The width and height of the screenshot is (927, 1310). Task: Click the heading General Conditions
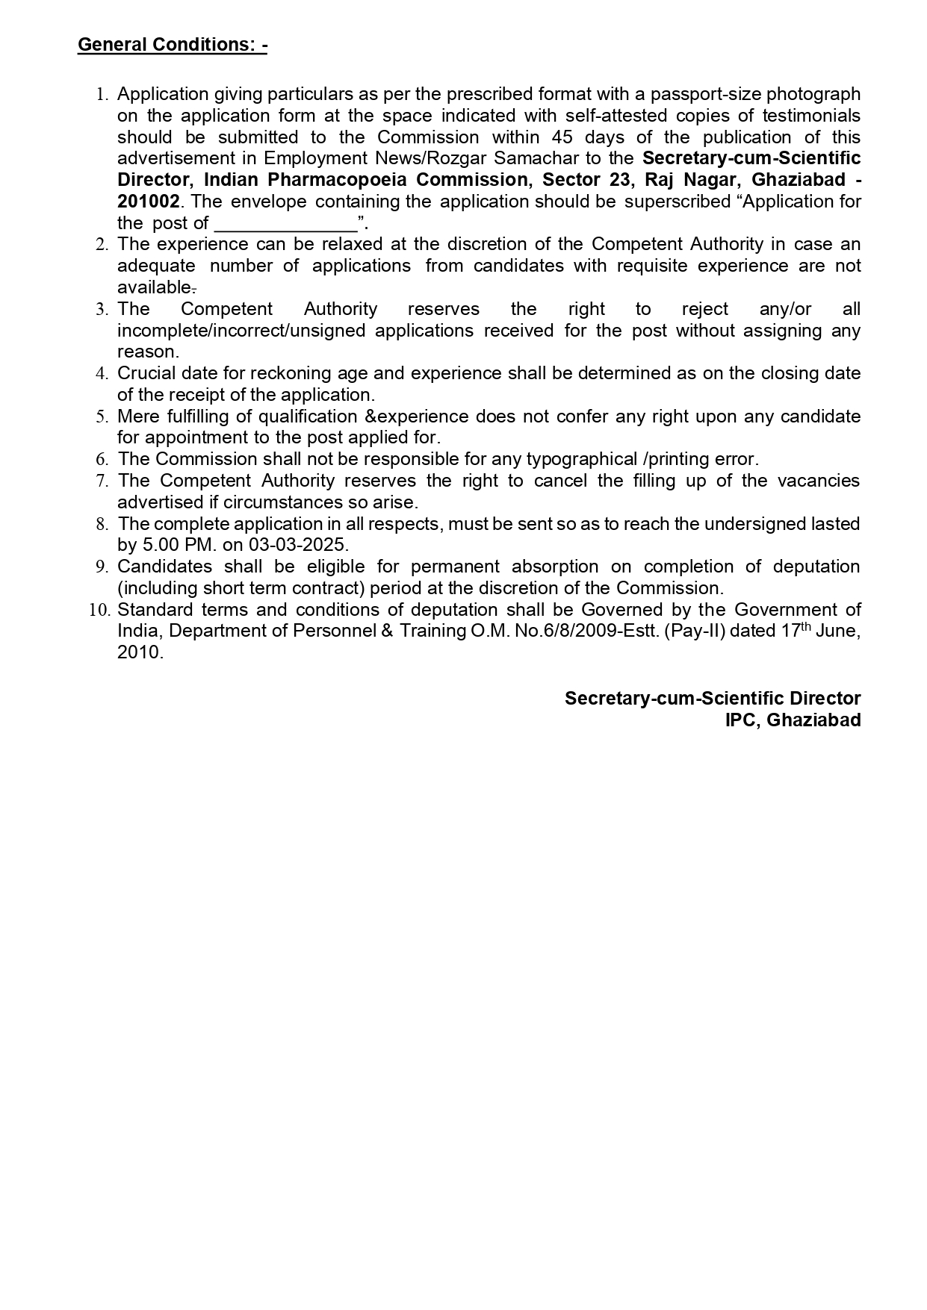172,45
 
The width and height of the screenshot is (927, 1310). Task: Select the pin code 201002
148,202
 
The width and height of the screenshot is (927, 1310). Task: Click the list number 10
100,610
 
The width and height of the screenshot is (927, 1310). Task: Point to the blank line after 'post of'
285,223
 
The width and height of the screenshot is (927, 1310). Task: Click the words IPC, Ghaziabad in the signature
793,720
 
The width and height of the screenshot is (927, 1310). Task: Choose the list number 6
102,459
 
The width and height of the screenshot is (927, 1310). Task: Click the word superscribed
678,202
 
